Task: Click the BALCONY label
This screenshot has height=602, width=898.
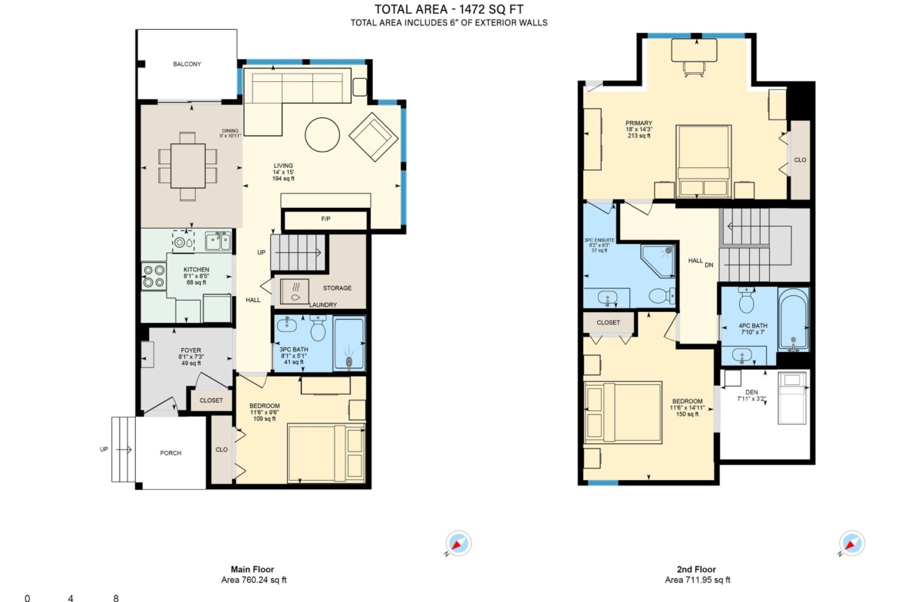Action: (187, 64)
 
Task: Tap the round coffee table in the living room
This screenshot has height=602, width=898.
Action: (322, 134)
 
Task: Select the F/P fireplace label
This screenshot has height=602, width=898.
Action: (325, 219)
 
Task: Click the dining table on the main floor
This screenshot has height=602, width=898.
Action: (188, 166)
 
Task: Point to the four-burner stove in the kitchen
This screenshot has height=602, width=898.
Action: (154, 276)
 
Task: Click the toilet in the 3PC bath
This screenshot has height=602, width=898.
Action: (318, 328)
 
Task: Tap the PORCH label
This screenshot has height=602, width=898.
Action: (170, 453)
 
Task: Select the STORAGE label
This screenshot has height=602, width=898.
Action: (337, 288)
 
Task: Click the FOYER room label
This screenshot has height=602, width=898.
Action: (190, 350)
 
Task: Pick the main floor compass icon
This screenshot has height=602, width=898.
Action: (458, 544)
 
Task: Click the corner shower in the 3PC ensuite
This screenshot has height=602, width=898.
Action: (658, 261)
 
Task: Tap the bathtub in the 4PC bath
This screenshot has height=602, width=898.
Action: (793, 319)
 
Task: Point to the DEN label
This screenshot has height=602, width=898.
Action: (751, 393)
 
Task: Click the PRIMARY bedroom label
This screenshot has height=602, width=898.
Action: (639, 123)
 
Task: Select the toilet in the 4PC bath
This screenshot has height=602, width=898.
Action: (746, 301)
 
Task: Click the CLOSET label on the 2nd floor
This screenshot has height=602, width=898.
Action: (608, 323)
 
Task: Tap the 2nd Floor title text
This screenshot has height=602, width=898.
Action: (696, 569)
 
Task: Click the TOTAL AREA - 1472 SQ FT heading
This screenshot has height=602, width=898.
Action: (449, 9)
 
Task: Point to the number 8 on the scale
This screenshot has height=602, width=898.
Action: (116, 598)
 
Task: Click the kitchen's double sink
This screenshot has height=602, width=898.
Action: (218, 242)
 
